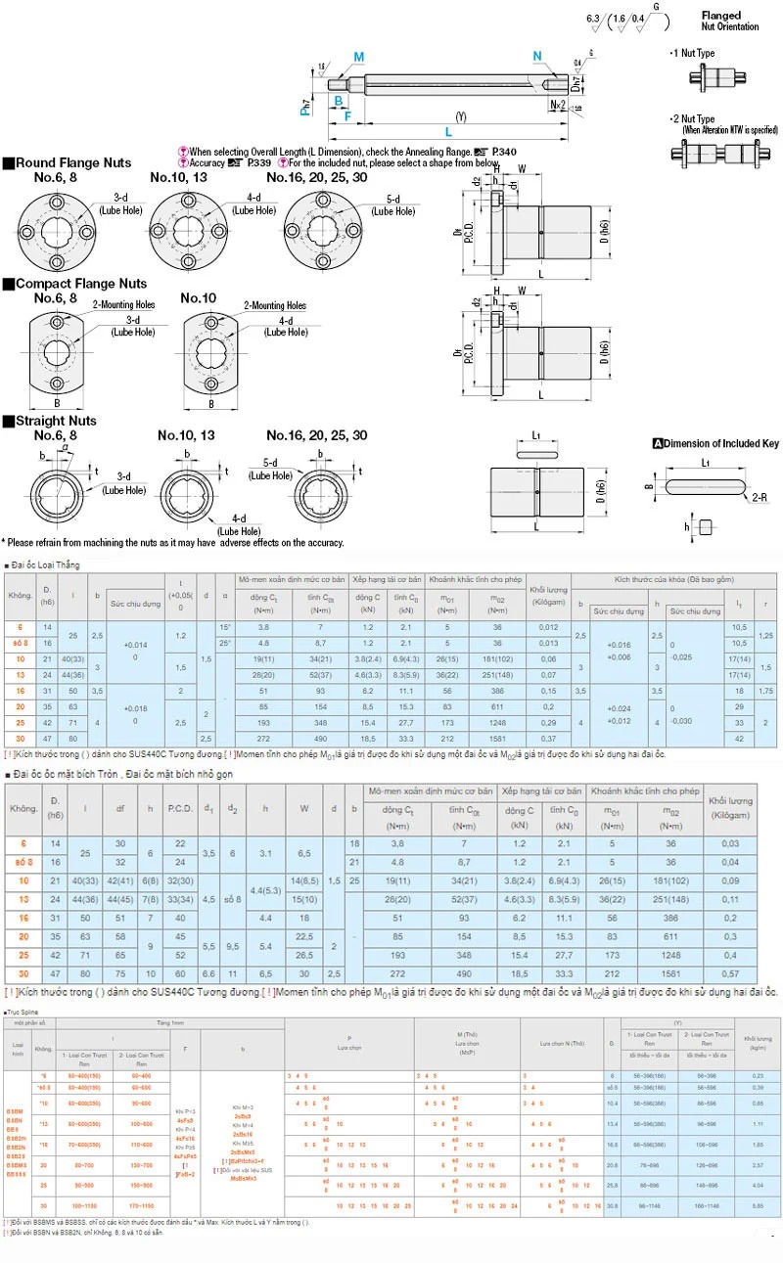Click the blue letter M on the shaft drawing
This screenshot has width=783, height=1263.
coord(358,56)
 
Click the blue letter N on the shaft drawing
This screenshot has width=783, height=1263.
coord(537,55)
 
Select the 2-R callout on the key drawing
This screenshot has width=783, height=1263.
coord(760,497)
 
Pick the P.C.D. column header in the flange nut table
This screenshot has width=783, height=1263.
coord(179,809)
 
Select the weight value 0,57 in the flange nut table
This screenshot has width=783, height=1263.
coord(729,974)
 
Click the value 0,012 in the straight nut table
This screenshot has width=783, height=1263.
coord(548,626)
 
